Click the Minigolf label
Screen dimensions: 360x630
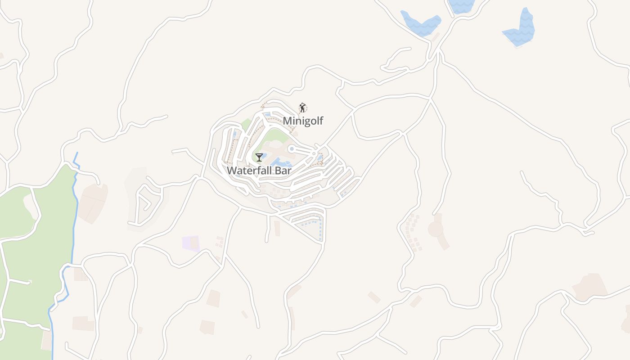pyautogui.click(x=303, y=121)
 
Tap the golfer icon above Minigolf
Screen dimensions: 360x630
pyautogui.click(x=303, y=108)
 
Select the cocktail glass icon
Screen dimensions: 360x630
pyautogui.click(x=259, y=157)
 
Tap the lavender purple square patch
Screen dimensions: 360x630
pyautogui.click(x=190, y=243)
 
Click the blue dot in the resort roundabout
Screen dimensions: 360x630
pyautogui.click(x=292, y=148)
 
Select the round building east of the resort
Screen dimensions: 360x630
pyautogui.click(x=436, y=229)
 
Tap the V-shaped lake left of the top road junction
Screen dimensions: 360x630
pyautogui.click(x=421, y=25)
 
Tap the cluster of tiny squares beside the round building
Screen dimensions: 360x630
pyautogui.click(x=412, y=232)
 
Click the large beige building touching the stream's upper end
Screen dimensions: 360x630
pyautogui.click(x=93, y=202)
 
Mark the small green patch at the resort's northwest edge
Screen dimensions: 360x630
pyautogui.click(x=246, y=124)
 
